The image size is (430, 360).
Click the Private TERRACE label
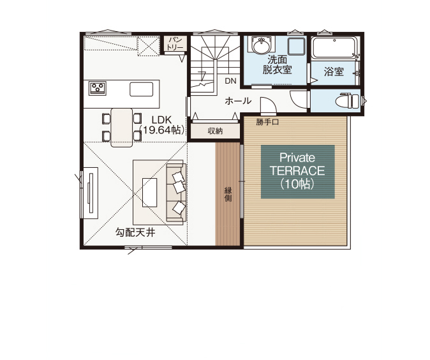297,171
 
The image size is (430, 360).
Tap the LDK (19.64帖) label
164,124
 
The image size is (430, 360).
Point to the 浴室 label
333,72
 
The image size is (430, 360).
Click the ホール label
237,101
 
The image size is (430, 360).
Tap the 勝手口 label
269,121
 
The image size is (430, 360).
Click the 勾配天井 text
135,233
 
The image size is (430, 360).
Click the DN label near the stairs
230,81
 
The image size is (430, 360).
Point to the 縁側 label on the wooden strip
228,195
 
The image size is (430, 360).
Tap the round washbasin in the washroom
261,47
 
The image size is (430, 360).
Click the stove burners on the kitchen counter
98,88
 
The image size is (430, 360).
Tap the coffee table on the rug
150,192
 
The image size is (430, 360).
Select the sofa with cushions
177,191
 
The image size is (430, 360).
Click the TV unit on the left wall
91,193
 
